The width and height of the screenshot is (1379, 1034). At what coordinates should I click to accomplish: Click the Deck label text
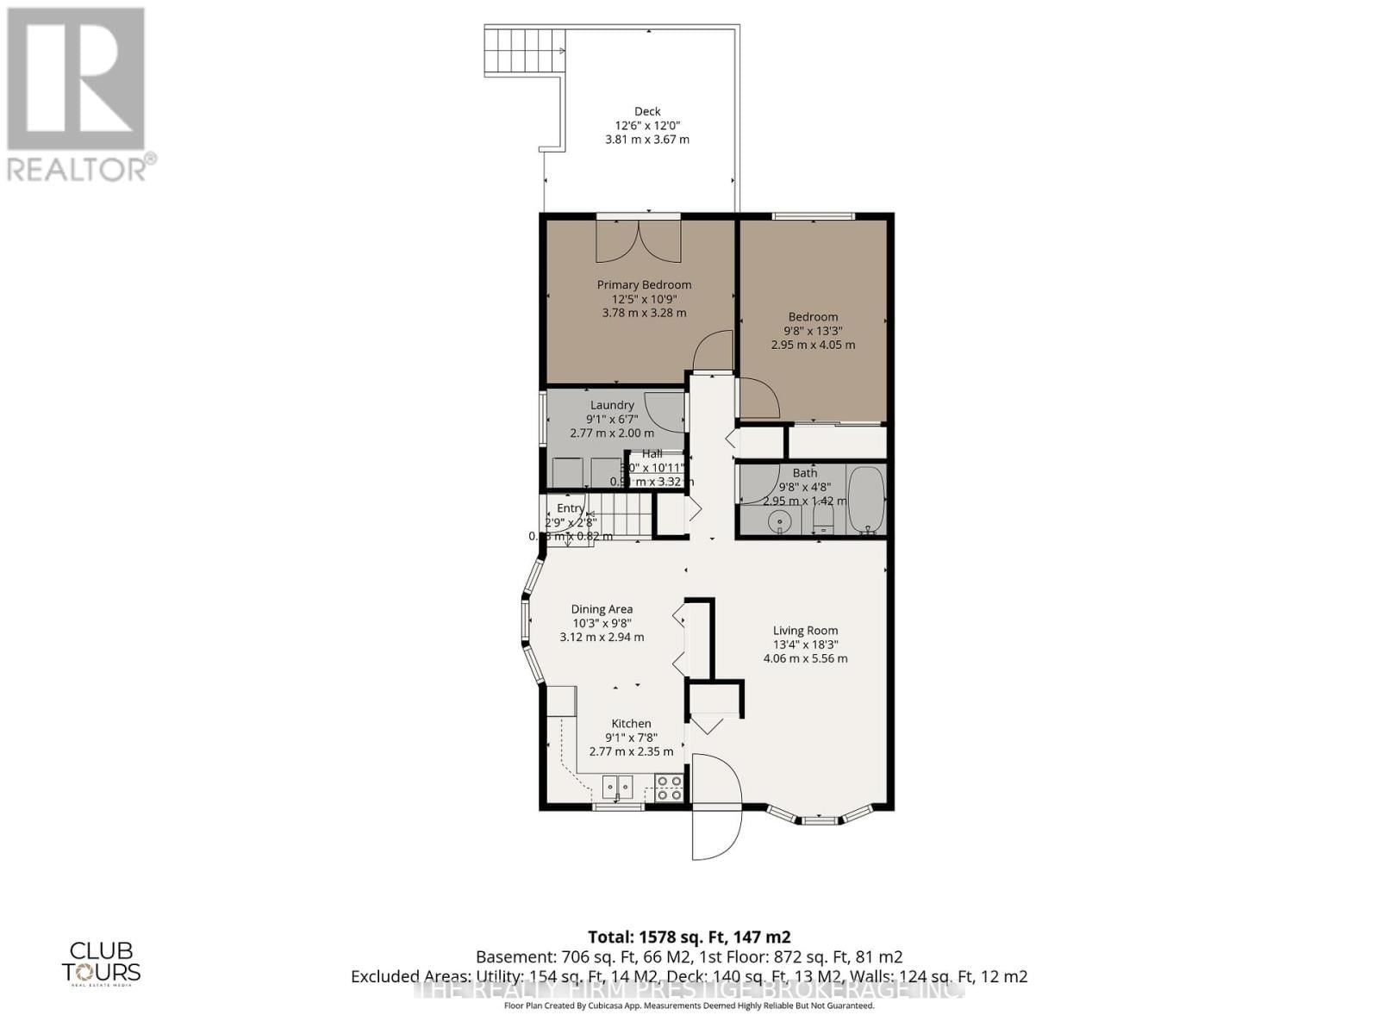[x=647, y=111]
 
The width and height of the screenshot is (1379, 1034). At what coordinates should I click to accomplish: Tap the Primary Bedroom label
[x=644, y=284]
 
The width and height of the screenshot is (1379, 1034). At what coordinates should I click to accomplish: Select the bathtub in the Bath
[x=864, y=500]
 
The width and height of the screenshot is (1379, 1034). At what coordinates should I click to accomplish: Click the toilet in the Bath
[x=824, y=518]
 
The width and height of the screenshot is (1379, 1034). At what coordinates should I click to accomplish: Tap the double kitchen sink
[x=617, y=786]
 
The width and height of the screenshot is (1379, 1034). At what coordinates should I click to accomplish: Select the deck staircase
[x=525, y=50]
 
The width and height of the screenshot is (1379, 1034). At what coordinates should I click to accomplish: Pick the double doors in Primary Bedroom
[x=638, y=240]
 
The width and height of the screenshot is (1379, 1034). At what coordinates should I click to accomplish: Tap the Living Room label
[x=805, y=630]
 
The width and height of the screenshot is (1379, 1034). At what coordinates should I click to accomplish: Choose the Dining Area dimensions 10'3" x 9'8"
[x=602, y=623]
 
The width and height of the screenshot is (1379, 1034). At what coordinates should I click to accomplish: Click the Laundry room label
[x=612, y=405]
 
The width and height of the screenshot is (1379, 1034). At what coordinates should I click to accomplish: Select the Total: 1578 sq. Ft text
[x=689, y=937]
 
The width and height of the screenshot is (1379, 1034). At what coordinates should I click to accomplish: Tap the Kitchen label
[x=631, y=724]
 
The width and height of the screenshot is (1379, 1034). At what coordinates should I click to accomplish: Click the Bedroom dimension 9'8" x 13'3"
[x=813, y=331]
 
